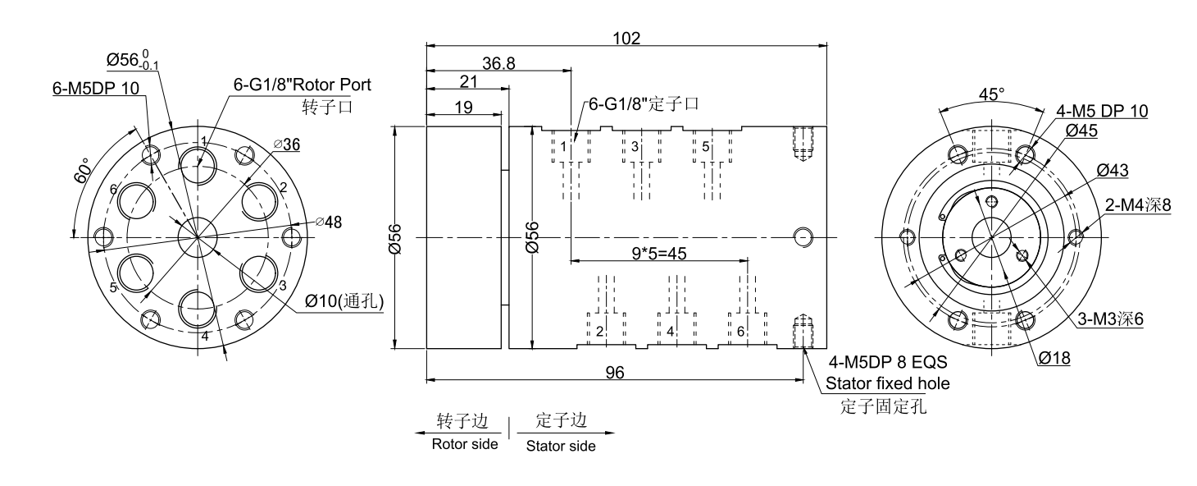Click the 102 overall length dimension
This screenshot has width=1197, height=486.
point(626,38)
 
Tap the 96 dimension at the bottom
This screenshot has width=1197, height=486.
point(614,372)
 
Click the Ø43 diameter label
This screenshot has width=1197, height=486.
point(1111,170)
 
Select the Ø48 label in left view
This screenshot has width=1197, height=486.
point(331,222)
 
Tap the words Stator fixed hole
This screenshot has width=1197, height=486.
point(876,383)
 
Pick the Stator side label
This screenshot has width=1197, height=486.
point(560,447)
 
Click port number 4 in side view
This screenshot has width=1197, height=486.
point(670,332)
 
